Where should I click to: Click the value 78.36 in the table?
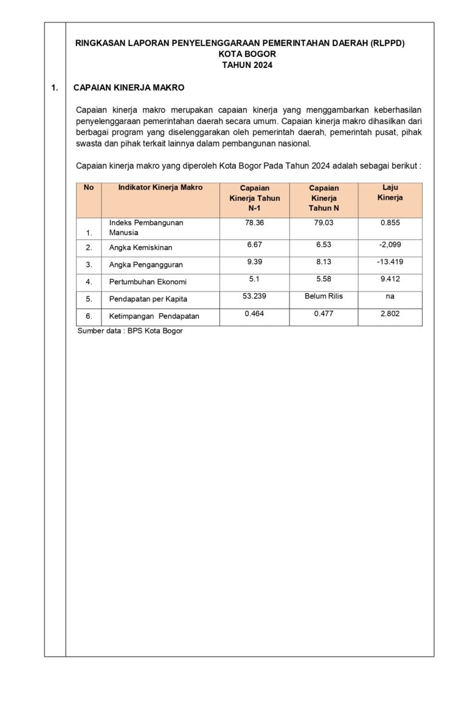(254, 223)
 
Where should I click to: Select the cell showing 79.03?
(323, 223)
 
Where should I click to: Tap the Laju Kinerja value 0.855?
(390, 223)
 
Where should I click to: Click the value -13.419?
(390, 261)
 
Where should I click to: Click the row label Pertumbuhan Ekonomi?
(148, 282)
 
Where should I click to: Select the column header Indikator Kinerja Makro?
(160, 188)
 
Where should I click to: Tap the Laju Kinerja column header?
(390, 193)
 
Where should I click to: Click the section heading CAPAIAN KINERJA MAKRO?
(129, 88)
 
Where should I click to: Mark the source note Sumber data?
(130, 331)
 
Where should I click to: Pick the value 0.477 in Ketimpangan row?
(323, 313)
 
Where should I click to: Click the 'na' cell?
(390, 296)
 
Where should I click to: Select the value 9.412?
(390, 279)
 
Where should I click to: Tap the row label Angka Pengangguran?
(146, 265)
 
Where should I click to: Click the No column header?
(89, 188)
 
